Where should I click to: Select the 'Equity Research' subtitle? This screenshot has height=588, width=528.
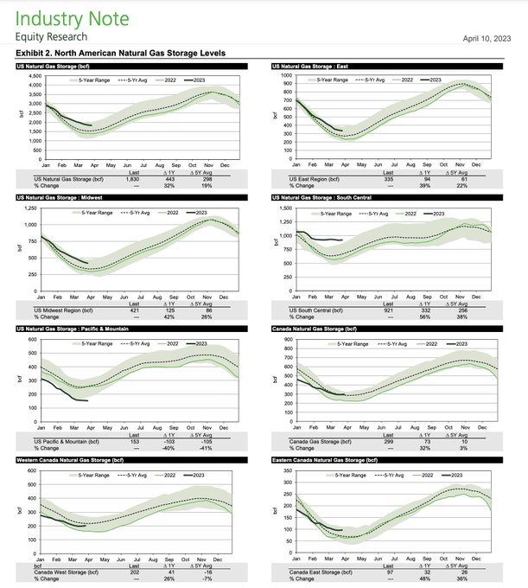[50, 39]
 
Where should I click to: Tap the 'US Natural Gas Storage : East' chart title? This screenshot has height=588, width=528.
[322, 67]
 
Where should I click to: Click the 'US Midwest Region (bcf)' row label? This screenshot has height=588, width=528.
[62, 309]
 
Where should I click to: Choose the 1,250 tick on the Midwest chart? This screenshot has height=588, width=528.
[32, 208]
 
